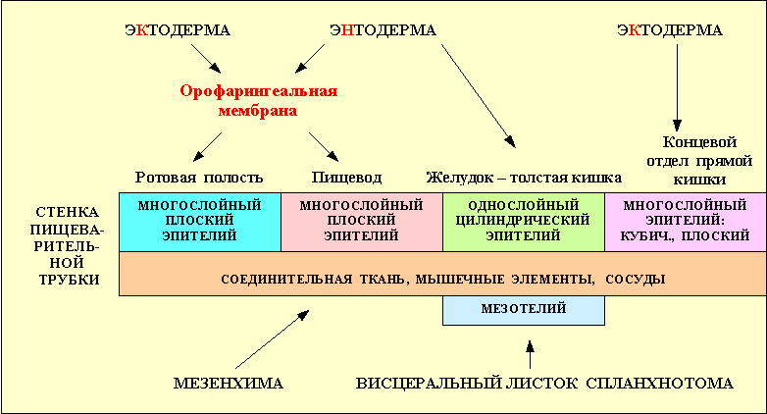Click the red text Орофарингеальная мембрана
coord(258,101)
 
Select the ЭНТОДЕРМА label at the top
coord(382,30)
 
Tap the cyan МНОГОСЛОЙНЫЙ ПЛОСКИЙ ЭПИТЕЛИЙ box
coord(199,222)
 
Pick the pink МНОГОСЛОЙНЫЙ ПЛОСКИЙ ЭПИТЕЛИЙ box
coord(361,222)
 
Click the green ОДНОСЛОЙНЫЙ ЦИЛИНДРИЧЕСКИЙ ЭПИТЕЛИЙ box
coord(523,222)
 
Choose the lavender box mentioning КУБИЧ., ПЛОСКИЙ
coord(685,222)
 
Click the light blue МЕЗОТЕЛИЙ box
coord(523,310)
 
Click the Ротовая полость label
coord(199,178)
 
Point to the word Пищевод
coord(346,178)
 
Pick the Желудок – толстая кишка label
coord(524,178)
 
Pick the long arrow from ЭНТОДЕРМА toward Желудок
coord(475,88)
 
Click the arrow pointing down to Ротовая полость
coord(208,147)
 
